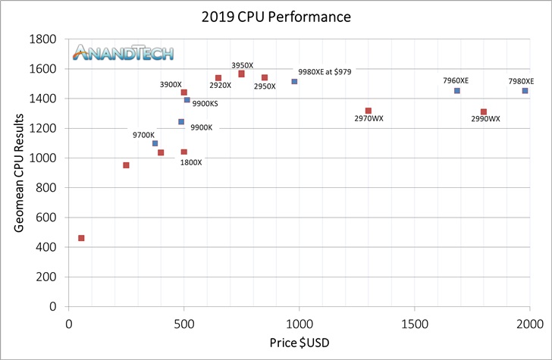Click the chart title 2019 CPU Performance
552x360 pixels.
[x=276, y=17]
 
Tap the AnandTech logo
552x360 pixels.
[x=123, y=52]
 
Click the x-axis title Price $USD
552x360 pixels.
[x=299, y=343]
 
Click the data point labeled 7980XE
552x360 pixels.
[x=525, y=91]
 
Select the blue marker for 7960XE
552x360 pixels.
[x=456, y=91]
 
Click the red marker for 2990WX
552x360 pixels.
[x=484, y=112]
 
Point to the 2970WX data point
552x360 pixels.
[x=369, y=111]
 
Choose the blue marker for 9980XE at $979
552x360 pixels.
[x=294, y=82]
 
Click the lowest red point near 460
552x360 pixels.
[x=81, y=238]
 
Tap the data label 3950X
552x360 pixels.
[x=243, y=65]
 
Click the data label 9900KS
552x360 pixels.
[x=205, y=103]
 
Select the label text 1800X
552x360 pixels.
[x=190, y=162]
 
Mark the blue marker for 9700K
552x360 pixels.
[x=155, y=143]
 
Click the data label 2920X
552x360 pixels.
[x=221, y=86]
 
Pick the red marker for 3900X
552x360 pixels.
[x=184, y=92]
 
